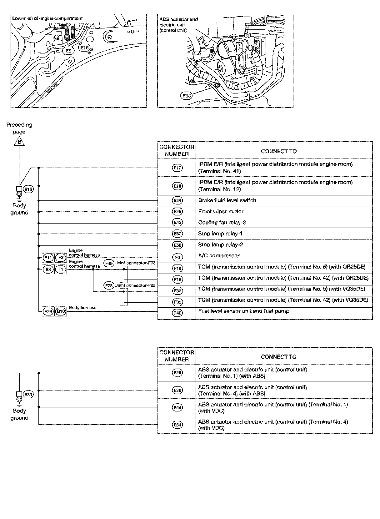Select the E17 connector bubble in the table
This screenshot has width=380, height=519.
[177, 168]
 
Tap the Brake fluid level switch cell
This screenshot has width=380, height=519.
[227, 200]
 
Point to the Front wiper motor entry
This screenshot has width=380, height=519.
[221, 212]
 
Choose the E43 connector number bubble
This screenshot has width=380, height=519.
[177, 222]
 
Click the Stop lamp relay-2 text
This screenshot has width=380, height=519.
[220, 245]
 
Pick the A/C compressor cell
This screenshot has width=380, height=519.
[219, 256]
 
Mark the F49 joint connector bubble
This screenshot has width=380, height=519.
[108, 263]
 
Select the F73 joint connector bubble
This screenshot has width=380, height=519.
[108, 286]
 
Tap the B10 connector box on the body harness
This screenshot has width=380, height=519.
[61, 311]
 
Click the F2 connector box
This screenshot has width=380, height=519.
[61, 258]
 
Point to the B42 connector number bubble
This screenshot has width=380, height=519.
[177, 313]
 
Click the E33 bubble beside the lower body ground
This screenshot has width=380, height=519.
[28, 395]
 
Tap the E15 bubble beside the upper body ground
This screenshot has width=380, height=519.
[28, 189]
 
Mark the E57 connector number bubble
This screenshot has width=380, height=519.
[177, 234]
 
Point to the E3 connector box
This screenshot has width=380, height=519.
[48, 269]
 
